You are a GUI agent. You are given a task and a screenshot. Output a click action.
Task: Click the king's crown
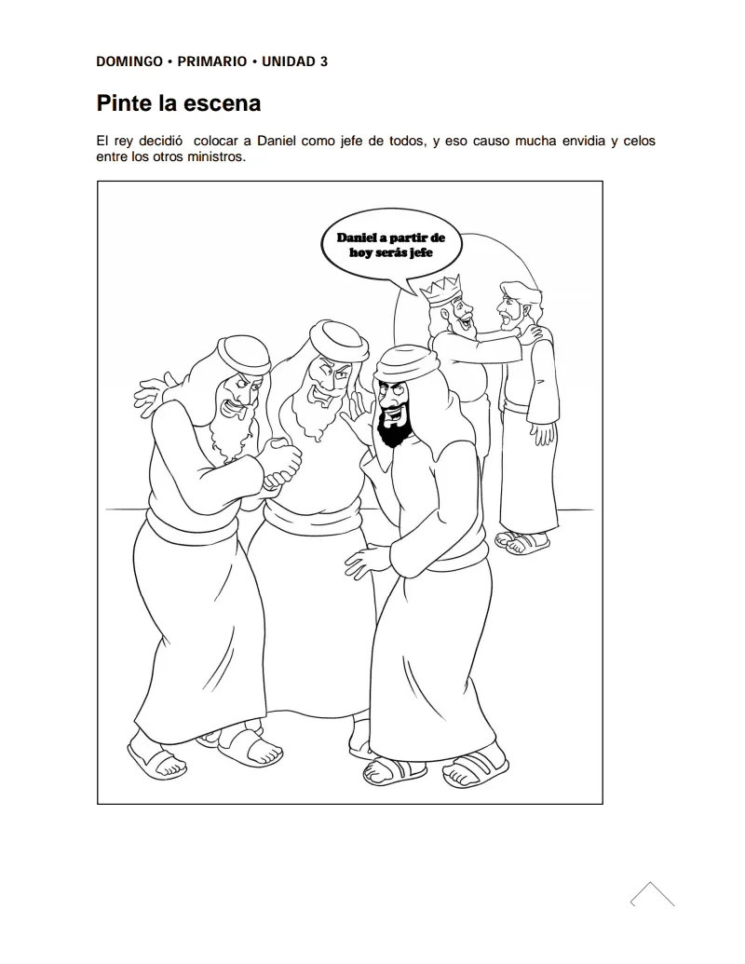pos(440,291)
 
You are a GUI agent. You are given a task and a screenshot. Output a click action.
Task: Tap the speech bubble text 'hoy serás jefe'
pos(391,252)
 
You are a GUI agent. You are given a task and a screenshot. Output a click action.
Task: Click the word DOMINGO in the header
pos(129,61)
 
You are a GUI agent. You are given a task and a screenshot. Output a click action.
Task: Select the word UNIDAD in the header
pos(288,61)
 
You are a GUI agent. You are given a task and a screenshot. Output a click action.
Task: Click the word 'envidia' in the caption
pos(583,141)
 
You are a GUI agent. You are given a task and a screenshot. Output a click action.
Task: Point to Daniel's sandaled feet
pos(522,542)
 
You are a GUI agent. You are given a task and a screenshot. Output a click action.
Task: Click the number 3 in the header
pos(323,61)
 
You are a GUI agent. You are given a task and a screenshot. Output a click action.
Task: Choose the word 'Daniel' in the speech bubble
pos(357,238)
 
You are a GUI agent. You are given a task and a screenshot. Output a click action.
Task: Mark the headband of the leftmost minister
pos(245,357)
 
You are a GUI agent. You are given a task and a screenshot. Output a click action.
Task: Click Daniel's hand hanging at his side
pos(543,432)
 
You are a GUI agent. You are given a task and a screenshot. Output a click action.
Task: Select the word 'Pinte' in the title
pos(123,103)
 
